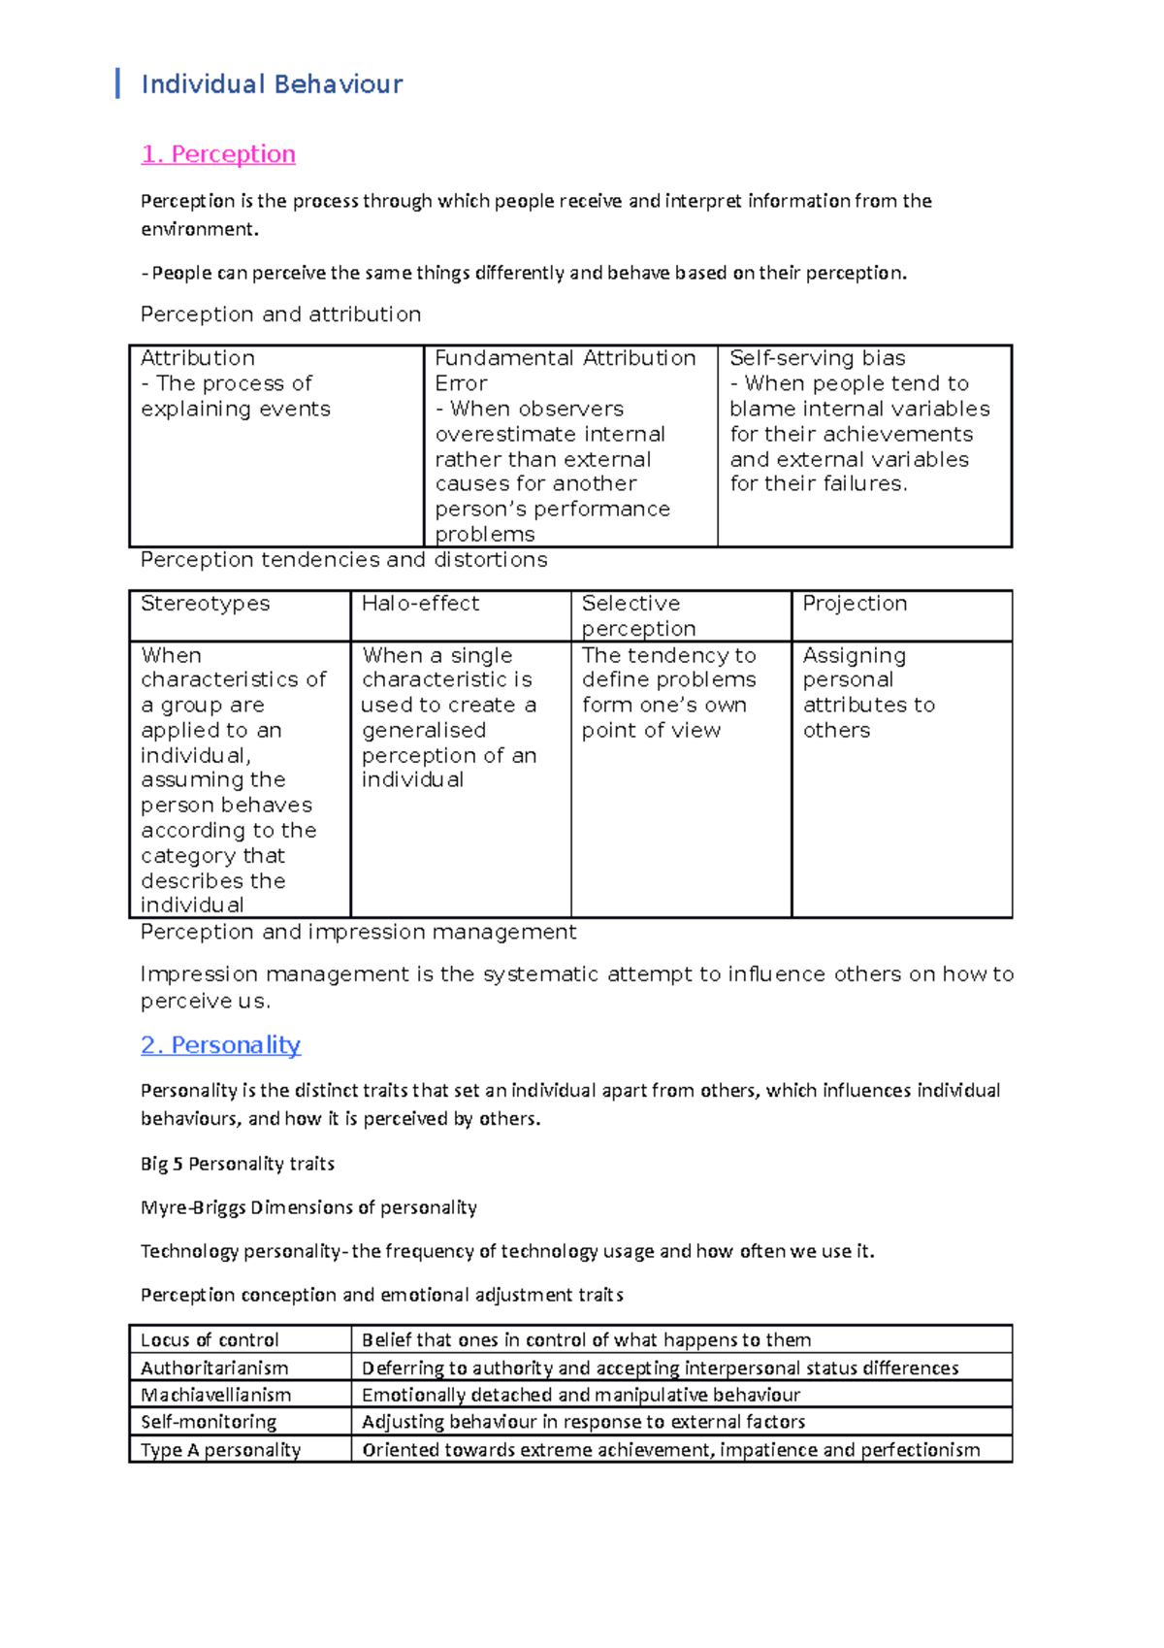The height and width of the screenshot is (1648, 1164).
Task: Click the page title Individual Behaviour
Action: click(272, 84)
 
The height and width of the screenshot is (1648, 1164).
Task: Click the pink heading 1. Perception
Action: click(218, 154)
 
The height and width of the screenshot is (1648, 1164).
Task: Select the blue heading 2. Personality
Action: click(220, 1045)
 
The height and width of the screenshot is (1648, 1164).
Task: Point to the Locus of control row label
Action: click(210, 1340)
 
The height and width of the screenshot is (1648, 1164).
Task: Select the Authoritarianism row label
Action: click(214, 1368)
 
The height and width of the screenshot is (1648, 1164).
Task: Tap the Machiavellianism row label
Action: click(215, 1395)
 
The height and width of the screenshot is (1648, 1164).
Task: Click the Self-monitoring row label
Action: click(209, 1422)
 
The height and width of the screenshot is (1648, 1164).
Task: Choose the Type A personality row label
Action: click(220, 1450)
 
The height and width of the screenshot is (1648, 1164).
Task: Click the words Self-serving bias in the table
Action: click(817, 358)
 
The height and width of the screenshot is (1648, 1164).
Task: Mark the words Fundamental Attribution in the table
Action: click(565, 358)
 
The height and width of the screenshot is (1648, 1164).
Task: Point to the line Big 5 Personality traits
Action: click(238, 1164)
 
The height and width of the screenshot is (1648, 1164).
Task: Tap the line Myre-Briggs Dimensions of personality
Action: click(308, 1207)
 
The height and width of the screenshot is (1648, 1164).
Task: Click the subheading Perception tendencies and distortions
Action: click(343, 560)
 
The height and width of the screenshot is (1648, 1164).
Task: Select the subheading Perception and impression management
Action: click(358, 932)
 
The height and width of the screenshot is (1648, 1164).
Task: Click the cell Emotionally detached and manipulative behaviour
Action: click(580, 1395)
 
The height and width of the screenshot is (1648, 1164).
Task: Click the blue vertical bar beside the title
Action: click(117, 83)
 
